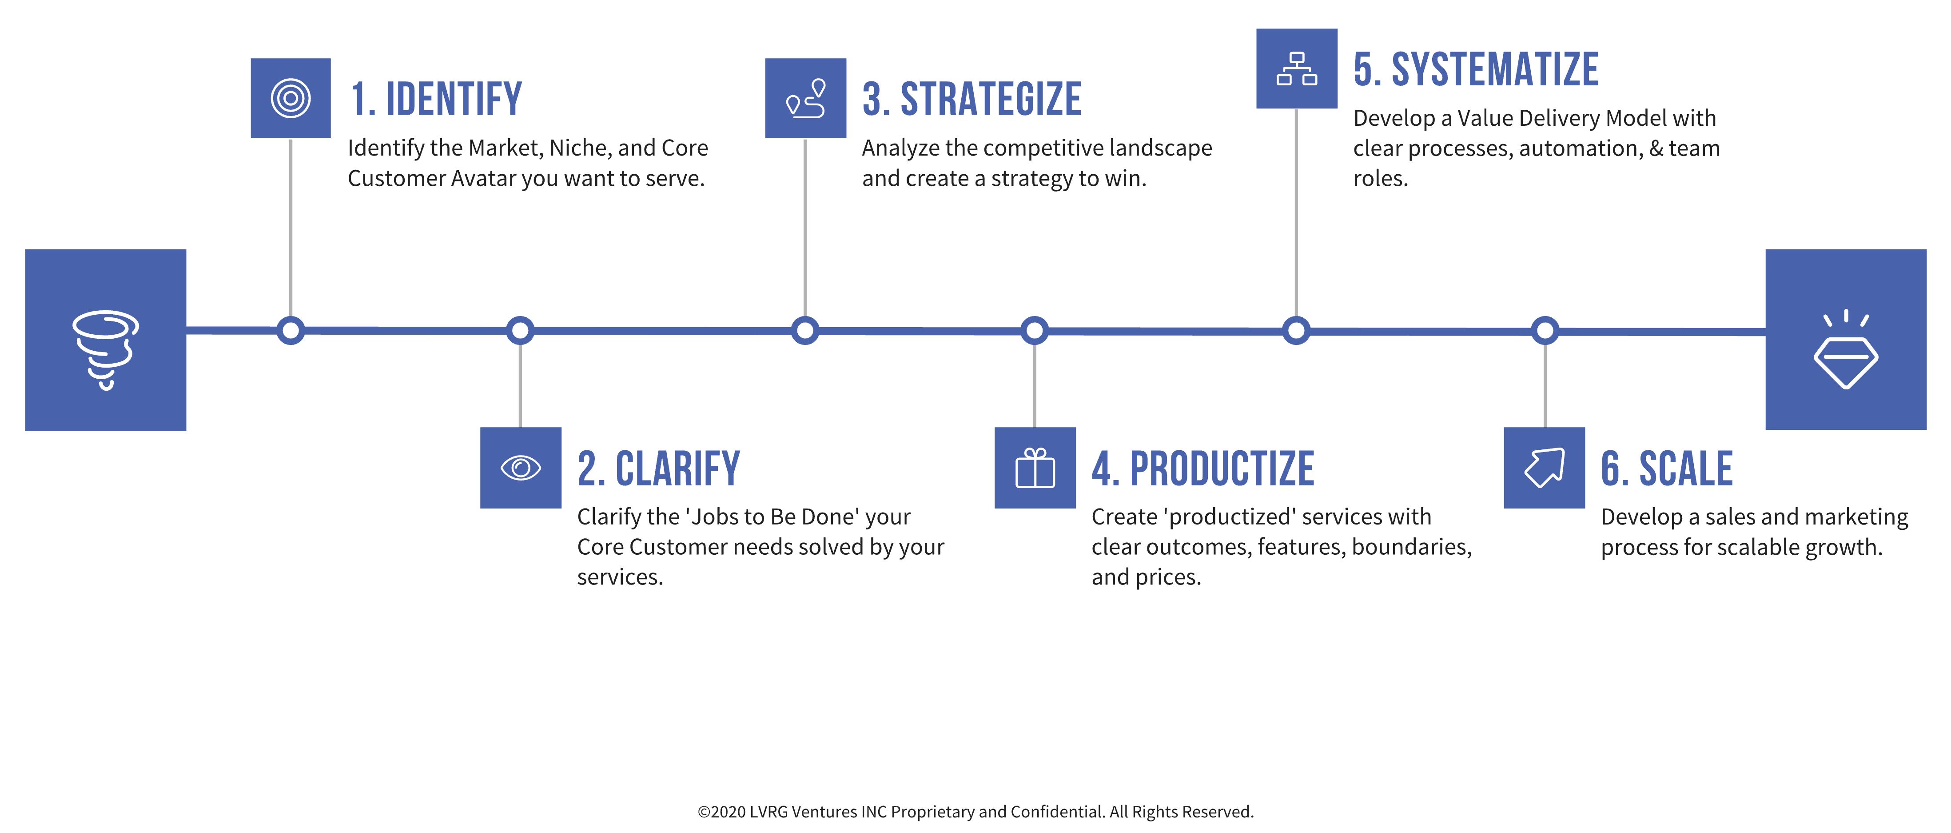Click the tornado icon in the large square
[x=105, y=348]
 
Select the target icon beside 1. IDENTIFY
[x=291, y=99]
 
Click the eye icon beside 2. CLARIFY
[x=520, y=468]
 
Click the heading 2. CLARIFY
[x=658, y=469]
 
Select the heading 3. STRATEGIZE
[x=972, y=99]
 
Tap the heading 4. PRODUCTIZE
[x=1202, y=469]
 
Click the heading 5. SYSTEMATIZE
[x=1475, y=70]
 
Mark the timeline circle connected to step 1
[x=291, y=330]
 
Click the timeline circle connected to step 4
[x=1035, y=330]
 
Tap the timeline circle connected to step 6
[x=1545, y=330]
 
